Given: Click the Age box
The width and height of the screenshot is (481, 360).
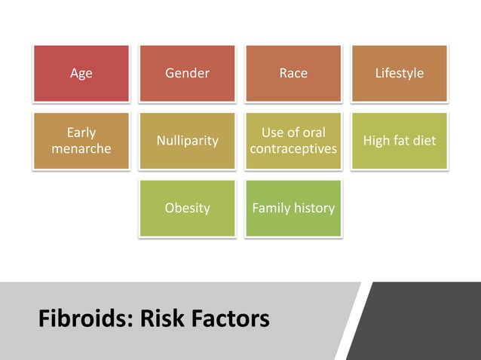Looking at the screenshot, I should point(81,73).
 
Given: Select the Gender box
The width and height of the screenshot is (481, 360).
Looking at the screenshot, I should point(187,73).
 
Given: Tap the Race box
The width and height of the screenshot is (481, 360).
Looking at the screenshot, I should point(293,73).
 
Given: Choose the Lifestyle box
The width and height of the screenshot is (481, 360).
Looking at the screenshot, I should point(399,73).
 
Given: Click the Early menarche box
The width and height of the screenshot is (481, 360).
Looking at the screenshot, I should point(81,141).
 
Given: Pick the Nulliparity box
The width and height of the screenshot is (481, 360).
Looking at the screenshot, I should point(187,141).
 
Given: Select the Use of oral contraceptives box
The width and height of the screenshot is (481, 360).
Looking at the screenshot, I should point(293,141).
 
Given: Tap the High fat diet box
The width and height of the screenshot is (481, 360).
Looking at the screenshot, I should point(399,141).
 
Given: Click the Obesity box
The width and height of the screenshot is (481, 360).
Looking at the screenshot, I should point(187,208).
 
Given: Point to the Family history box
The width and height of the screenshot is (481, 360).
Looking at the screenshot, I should point(293,208).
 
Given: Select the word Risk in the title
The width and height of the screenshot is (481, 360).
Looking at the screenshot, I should point(163,319).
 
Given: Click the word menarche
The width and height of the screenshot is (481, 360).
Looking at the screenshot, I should point(81,149).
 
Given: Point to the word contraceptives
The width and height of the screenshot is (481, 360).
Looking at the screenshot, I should point(293,149).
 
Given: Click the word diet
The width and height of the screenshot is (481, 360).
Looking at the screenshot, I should point(423,141).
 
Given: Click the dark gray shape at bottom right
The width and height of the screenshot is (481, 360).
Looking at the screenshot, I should point(422,321).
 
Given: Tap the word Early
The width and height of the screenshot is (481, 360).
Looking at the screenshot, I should point(81,133).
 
